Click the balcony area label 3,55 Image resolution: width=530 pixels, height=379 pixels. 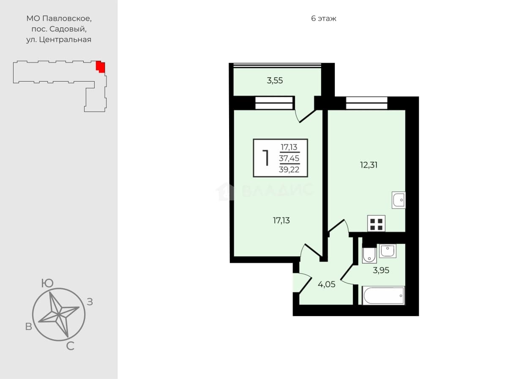[x=275, y=81]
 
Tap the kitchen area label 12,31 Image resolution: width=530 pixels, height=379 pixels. [x=369, y=165]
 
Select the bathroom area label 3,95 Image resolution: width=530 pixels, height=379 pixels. [x=381, y=270]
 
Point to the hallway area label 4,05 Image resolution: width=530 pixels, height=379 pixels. [x=327, y=284]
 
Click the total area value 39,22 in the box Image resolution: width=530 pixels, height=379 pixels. [x=289, y=169]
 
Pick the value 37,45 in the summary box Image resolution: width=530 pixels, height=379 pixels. [x=289, y=158]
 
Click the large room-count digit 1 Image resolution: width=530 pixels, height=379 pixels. [x=266, y=158]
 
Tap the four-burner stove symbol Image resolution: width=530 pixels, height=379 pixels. [x=376, y=224]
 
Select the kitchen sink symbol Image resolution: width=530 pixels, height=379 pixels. [x=399, y=200]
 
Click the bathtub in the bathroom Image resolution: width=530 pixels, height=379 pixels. [x=383, y=295]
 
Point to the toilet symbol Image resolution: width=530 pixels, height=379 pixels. [x=369, y=255]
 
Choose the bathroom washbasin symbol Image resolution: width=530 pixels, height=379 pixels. [x=388, y=251]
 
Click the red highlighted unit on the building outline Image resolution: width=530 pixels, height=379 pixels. [x=100, y=67]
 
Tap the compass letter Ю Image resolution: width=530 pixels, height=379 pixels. [x=47, y=283]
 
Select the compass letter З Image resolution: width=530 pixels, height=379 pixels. [x=90, y=302]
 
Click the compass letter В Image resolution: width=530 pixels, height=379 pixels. [x=29, y=327]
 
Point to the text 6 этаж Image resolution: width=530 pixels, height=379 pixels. [x=324, y=19]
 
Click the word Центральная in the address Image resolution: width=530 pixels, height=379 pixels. [x=65, y=40]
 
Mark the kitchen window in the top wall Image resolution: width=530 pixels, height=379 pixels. [x=366, y=103]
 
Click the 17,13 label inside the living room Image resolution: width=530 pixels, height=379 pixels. [x=281, y=221]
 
